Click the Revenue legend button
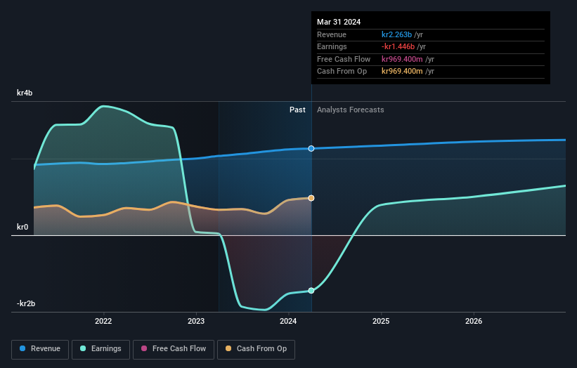39,348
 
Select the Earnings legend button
101,348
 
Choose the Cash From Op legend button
256,348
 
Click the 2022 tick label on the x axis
103,322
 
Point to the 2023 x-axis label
196,322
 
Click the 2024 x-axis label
288,322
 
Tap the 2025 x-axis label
381,322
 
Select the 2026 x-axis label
474,322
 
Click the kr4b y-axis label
25,93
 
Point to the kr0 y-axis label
23,227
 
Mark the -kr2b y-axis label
26,303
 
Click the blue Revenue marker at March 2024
311,148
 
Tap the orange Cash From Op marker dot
311,198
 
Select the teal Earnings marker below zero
311,290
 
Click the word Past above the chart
297,110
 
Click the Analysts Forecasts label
351,110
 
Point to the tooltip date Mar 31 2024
339,22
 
